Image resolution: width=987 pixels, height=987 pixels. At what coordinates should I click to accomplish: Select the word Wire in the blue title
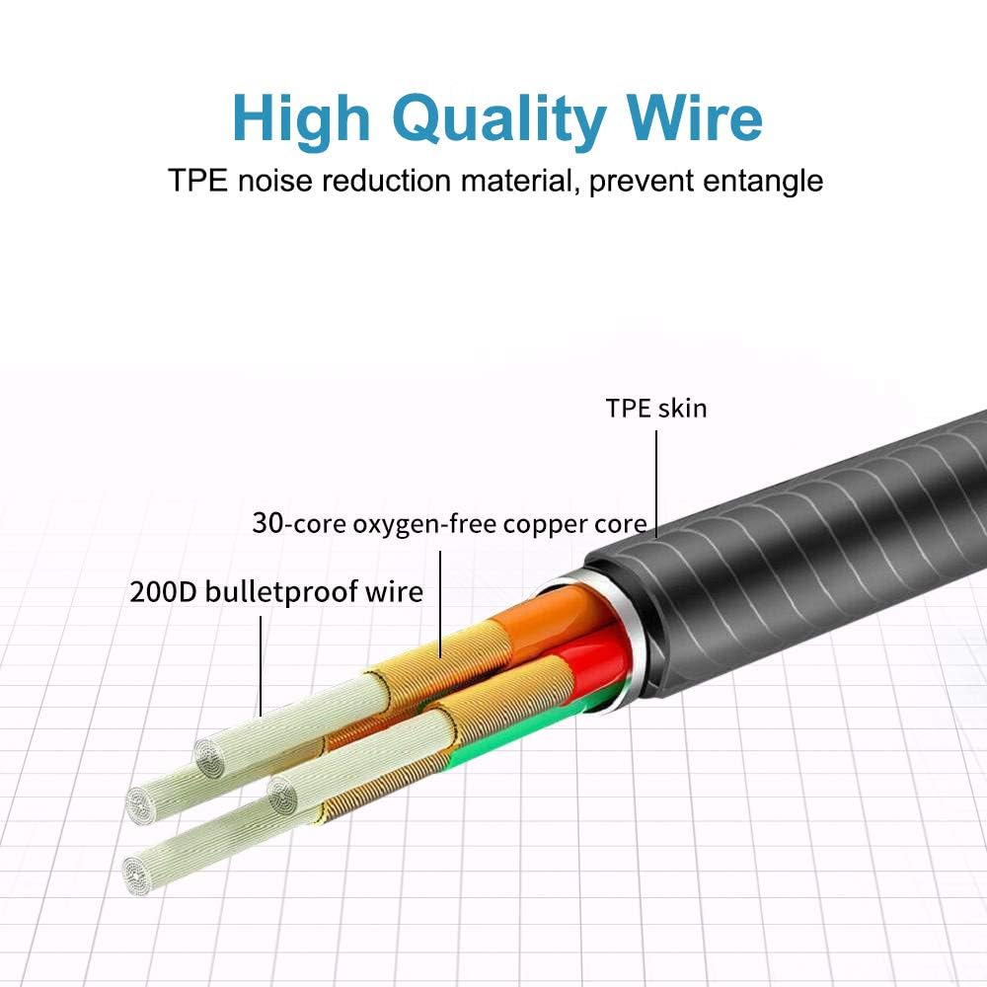695,119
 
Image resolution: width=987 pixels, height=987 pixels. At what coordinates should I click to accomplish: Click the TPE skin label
656,408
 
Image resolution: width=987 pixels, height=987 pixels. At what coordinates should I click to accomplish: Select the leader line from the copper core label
439,602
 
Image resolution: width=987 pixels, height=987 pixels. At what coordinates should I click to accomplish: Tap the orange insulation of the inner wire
553,617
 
